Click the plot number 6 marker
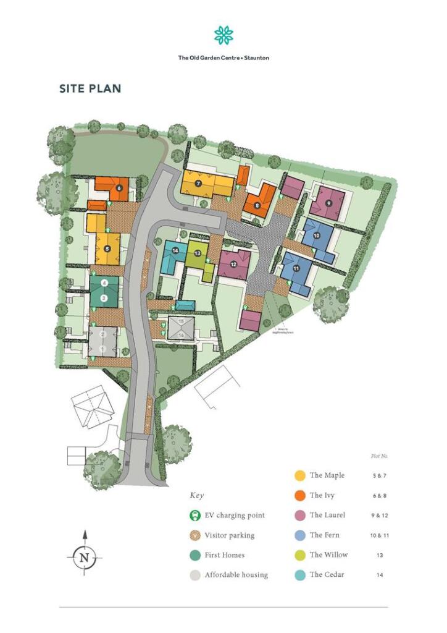coord(119,187)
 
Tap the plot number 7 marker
coord(198,184)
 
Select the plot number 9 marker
coord(328,203)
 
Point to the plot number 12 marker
coord(233,265)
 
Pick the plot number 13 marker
coord(197,253)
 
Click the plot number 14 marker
coord(176,250)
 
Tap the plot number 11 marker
coord(296,269)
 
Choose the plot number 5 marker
coord(107,249)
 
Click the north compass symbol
coord(85,556)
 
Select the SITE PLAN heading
coord(90,88)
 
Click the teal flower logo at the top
coord(223,35)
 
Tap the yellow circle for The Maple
coord(299,475)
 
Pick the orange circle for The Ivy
coord(299,495)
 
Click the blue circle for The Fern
coord(299,535)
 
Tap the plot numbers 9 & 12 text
coord(380,516)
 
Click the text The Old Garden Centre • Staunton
coord(223,58)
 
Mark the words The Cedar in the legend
coord(328,574)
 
